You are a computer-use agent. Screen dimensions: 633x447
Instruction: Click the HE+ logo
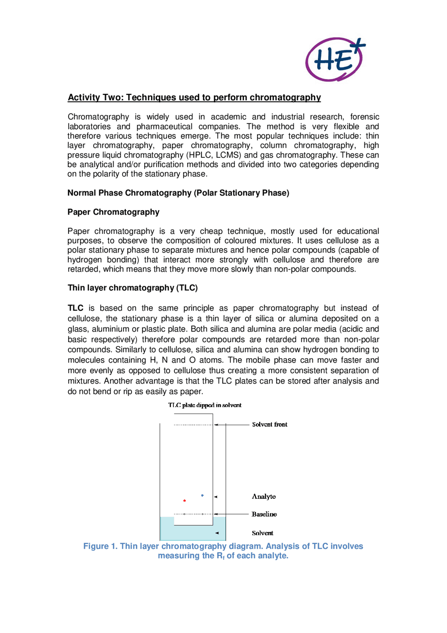click(335, 59)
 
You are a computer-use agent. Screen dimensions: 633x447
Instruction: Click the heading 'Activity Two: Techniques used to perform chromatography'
click(194, 97)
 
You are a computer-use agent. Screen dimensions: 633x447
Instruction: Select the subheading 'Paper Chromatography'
click(113, 212)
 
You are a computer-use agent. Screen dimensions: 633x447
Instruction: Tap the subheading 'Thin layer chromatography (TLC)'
click(132, 288)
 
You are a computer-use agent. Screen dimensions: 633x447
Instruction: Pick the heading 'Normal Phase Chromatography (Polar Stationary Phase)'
click(178, 193)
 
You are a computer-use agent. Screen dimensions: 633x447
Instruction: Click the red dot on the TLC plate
click(184, 501)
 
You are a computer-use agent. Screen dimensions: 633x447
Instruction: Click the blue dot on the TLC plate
click(202, 495)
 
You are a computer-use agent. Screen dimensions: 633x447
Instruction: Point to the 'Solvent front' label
click(270, 424)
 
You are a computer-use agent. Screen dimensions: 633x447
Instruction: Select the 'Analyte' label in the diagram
click(264, 496)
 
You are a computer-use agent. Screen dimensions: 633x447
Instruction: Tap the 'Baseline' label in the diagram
click(264, 514)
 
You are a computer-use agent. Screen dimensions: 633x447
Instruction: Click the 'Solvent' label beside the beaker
click(262, 533)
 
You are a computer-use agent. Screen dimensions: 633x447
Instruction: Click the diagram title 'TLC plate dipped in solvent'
click(205, 405)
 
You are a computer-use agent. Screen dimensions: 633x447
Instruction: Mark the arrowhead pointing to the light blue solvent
click(217, 533)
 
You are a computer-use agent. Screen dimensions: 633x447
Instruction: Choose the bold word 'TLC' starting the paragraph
click(75, 308)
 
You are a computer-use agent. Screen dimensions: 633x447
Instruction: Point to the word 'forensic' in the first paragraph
click(364, 117)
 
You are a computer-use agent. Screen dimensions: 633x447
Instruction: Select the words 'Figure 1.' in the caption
click(100, 546)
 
